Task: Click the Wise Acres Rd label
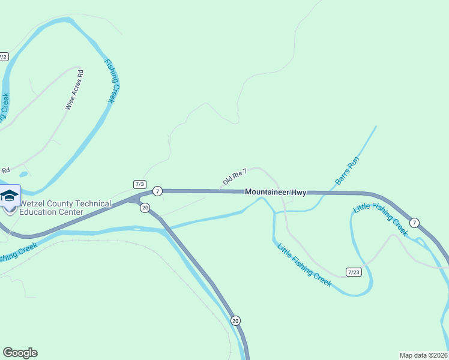point(74,89)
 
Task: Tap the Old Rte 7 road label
point(235,176)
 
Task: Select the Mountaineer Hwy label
point(276,192)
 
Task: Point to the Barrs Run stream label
point(346,170)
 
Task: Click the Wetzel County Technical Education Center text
point(65,208)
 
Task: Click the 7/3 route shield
point(140,183)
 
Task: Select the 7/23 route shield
point(354,272)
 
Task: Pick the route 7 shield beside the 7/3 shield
point(157,191)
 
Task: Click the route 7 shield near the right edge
point(415,223)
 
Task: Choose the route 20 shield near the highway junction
point(145,208)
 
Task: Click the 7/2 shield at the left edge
point(3,57)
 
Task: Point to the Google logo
point(20,353)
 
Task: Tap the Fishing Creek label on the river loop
point(112,81)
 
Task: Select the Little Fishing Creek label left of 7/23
point(304,265)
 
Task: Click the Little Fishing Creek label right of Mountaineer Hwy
point(381,220)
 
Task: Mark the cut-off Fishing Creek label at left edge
point(18,252)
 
